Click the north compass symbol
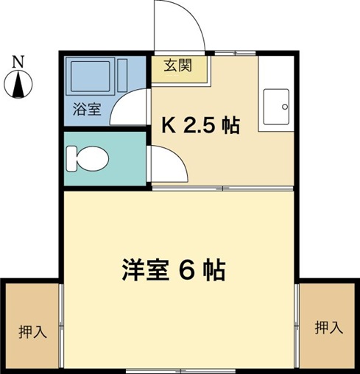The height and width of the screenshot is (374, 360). click(x=19, y=85)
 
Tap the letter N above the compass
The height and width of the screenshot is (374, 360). click(x=19, y=61)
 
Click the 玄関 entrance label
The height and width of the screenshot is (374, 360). click(x=178, y=66)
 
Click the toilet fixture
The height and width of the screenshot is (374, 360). click(x=90, y=158)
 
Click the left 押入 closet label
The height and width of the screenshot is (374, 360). click(x=33, y=331)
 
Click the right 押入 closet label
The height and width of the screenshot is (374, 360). click(x=328, y=328)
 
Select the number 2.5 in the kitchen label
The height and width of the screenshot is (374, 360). click(x=199, y=126)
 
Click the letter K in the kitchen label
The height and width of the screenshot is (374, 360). click(x=168, y=126)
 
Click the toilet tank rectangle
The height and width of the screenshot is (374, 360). click(x=71, y=158)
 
